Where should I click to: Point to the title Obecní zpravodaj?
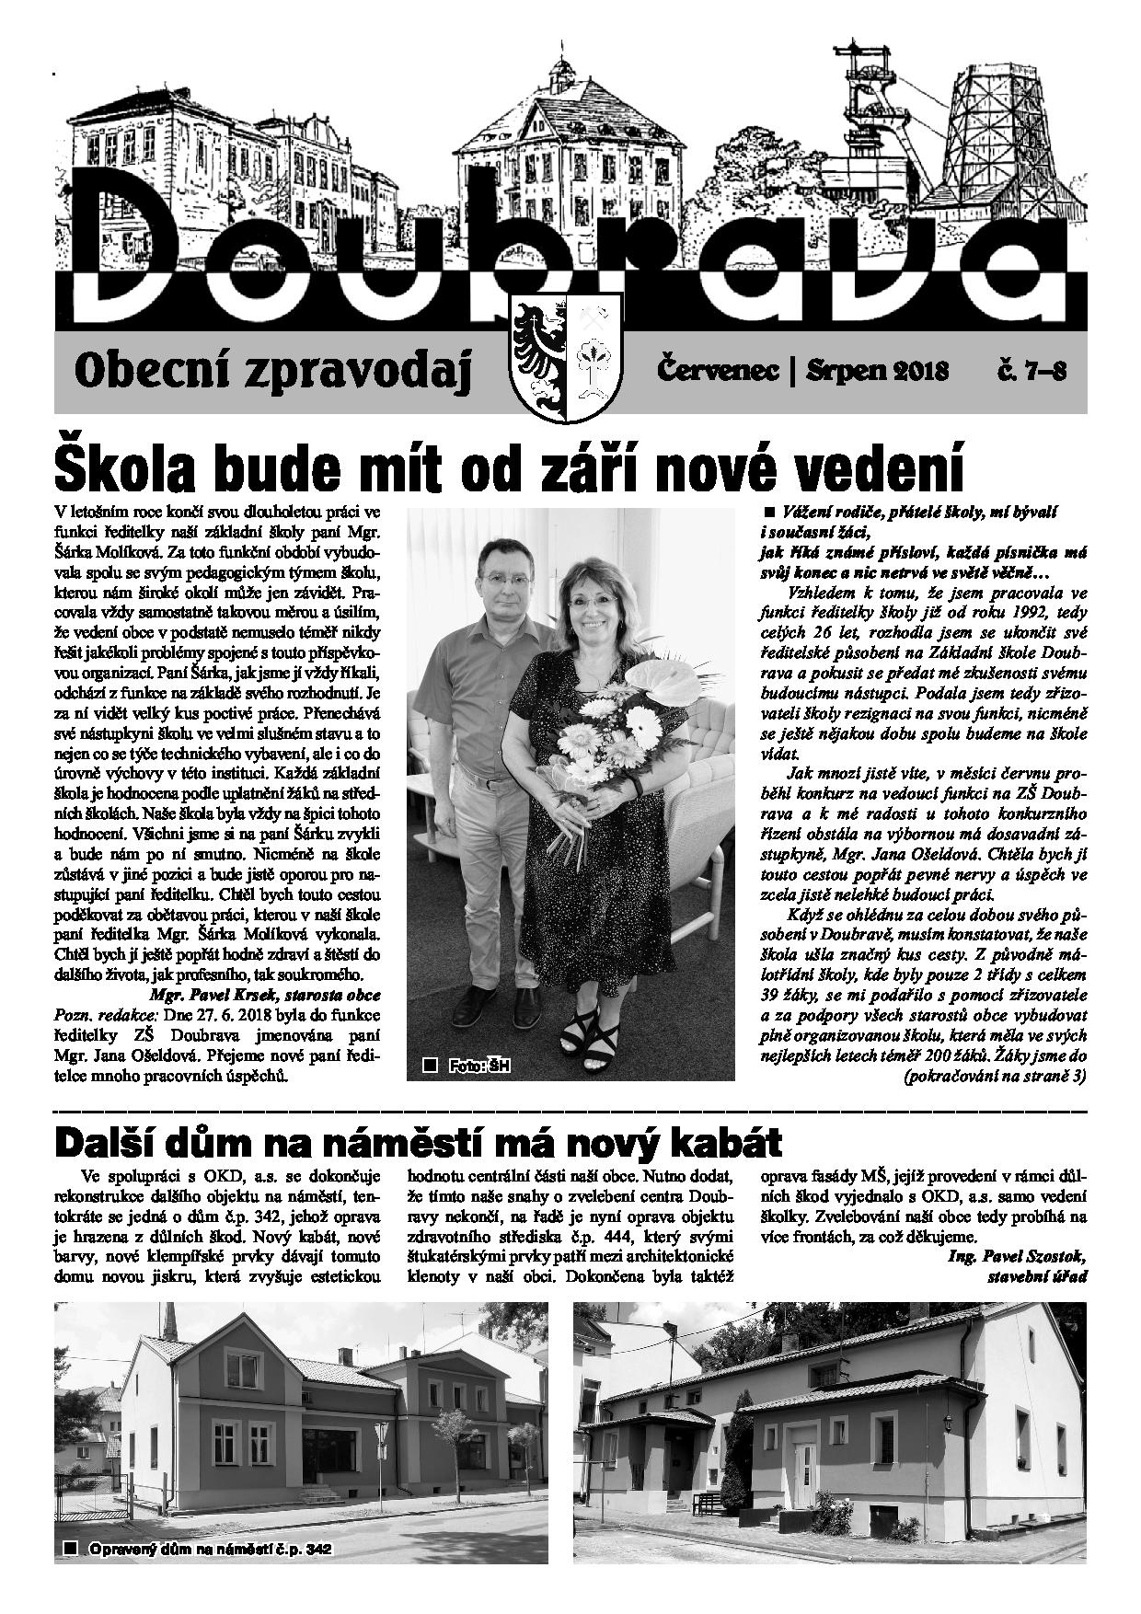click(x=273, y=373)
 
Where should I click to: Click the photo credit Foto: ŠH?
click(x=478, y=1066)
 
